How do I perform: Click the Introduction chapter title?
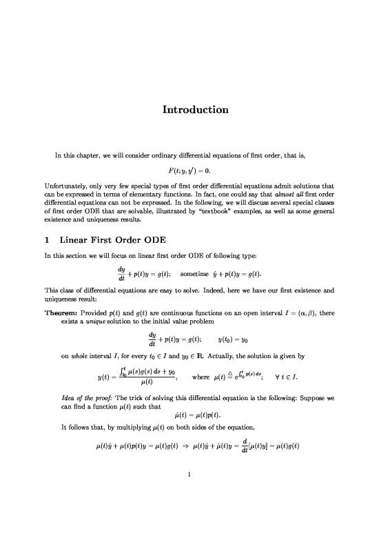(189, 110)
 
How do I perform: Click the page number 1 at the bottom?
(189, 493)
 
